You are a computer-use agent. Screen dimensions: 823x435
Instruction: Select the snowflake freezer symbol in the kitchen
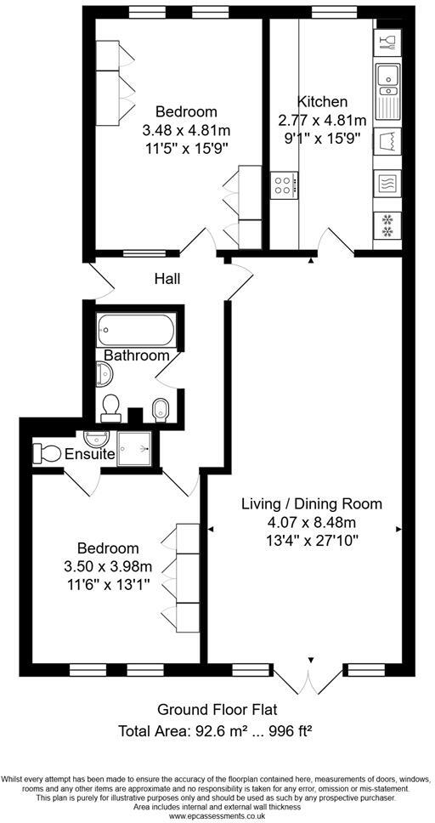[x=387, y=225]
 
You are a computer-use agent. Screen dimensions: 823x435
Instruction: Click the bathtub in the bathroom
[x=137, y=328]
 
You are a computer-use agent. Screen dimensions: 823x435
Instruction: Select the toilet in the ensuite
[x=47, y=453]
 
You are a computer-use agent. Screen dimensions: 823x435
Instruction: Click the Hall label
[x=167, y=278]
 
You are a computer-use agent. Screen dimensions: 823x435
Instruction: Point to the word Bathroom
[x=137, y=355]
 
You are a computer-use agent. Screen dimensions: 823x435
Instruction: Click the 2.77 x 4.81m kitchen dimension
[x=322, y=120]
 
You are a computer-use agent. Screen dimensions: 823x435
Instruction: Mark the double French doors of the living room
[x=311, y=678]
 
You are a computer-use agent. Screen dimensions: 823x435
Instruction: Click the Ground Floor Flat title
[x=217, y=709]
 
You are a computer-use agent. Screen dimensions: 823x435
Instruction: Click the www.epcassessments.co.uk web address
[x=217, y=816]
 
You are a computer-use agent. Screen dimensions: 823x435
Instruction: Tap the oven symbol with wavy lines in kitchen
[x=387, y=182]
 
